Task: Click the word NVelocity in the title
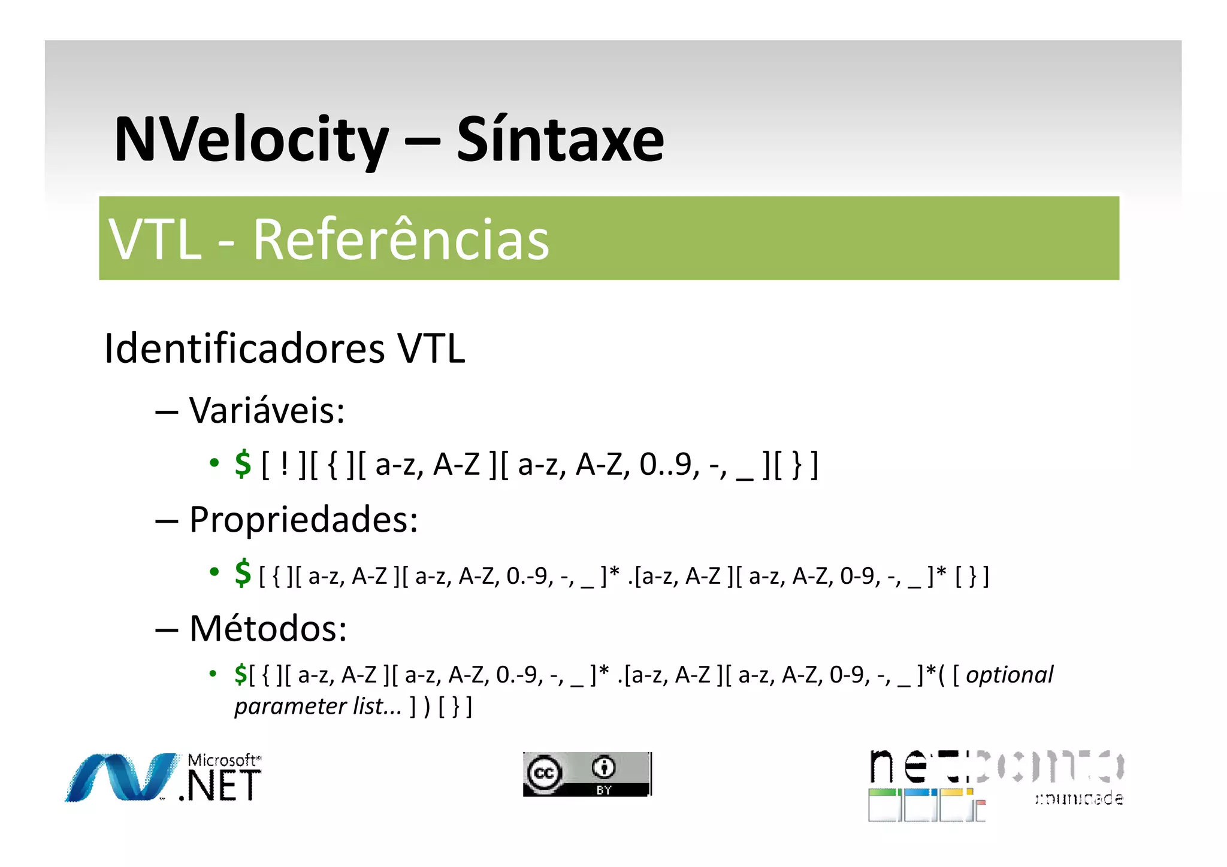pyautogui.click(x=251, y=140)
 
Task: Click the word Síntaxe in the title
pyautogui.click(x=560, y=140)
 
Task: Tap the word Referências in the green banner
pyautogui.click(x=401, y=240)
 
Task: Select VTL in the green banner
pyautogui.click(x=155, y=240)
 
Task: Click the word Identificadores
pyautogui.click(x=244, y=348)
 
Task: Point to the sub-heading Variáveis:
pyautogui.click(x=267, y=411)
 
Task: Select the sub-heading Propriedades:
pyautogui.click(x=304, y=519)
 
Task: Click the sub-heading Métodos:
pyautogui.click(x=268, y=629)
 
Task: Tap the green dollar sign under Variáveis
pyautogui.click(x=243, y=464)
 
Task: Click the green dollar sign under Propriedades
pyautogui.click(x=243, y=573)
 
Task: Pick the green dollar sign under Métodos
pyautogui.click(x=240, y=675)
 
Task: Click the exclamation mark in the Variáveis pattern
pyautogui.click(x=284, y=464)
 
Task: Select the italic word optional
pyautogui.click(x=1010, y=675)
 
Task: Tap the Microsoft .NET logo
pyautogui.click(x=164, y=777)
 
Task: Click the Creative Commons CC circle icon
pyautogui.click(x=544, y=773)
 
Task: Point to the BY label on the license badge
pyautogui.click(x=603, y=790)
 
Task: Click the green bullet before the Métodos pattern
pyautogui.click(x=213, y=674)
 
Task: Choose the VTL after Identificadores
pyautogui.click(x=431, y=348)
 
